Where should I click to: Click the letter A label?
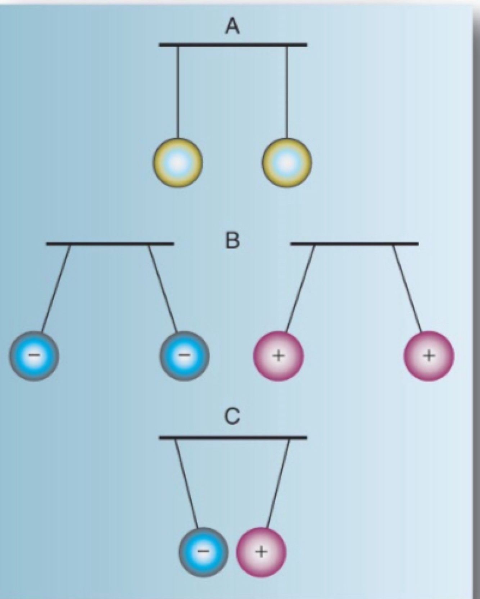click(232, 26)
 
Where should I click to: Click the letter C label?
click(232, 417)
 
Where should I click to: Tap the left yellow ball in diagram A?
click(178, 163)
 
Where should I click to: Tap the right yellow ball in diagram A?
click(287, 163)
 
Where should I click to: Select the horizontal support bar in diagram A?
click(233, 45)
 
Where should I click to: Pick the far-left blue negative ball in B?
click(34, 356)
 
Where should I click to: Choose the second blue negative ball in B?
click(185, 356)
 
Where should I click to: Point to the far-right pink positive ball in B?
click(429, 356)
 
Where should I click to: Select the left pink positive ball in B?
click(279, 356)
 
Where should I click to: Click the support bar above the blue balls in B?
click(110, 244)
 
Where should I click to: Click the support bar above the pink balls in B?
click(354, 244)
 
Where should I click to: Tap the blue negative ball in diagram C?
click(203, 552)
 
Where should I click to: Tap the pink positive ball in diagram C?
click(261, 552)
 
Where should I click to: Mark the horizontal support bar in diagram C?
click(233, 438)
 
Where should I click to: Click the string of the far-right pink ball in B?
click(407, 288)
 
